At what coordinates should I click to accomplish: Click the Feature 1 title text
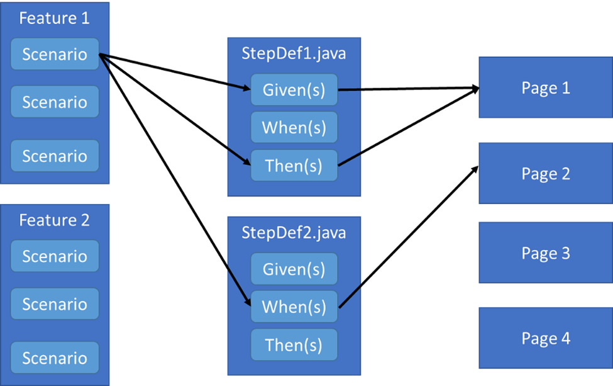[x=54, y=18]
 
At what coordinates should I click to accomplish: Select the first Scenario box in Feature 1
[x=55, y=54]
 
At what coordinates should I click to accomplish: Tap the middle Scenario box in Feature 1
[x=55, y=102]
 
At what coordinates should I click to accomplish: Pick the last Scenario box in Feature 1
[x=55, y=156]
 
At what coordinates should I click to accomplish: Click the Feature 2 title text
[x=54, y=220]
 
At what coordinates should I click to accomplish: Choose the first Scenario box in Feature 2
[x=55, y=256]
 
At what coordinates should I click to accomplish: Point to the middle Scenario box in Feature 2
[x=55, y=304]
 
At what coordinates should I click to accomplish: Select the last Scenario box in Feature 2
[x=55, y=358]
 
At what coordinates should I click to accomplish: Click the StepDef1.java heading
[x=294, y=54]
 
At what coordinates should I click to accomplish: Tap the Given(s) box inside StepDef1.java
[x=294, y=90]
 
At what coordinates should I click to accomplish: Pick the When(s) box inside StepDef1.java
[x=294, y=128]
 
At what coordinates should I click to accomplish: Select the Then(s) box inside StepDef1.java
[x=294, y=166]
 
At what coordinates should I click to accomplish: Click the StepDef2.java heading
[x=294, y=232]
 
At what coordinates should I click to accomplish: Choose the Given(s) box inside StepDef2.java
[x=294, y=270]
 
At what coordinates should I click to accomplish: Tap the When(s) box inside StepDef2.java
[x=294, y=307]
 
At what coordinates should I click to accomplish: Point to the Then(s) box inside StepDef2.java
[x=294, y=345]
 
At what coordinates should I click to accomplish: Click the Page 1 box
[x=545, y=88]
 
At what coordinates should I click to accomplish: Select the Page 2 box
[x=545, y=173]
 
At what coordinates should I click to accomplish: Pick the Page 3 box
[x=545, y=253]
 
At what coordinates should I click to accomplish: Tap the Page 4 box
[x=545, y=338]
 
